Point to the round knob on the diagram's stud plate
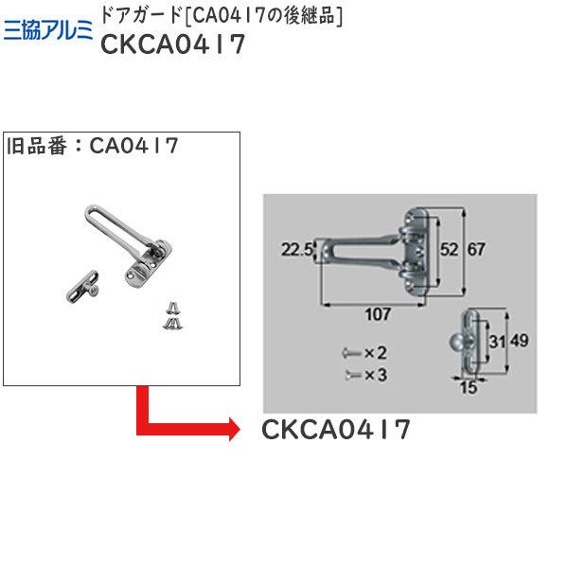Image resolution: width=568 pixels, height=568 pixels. click(457, 341)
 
